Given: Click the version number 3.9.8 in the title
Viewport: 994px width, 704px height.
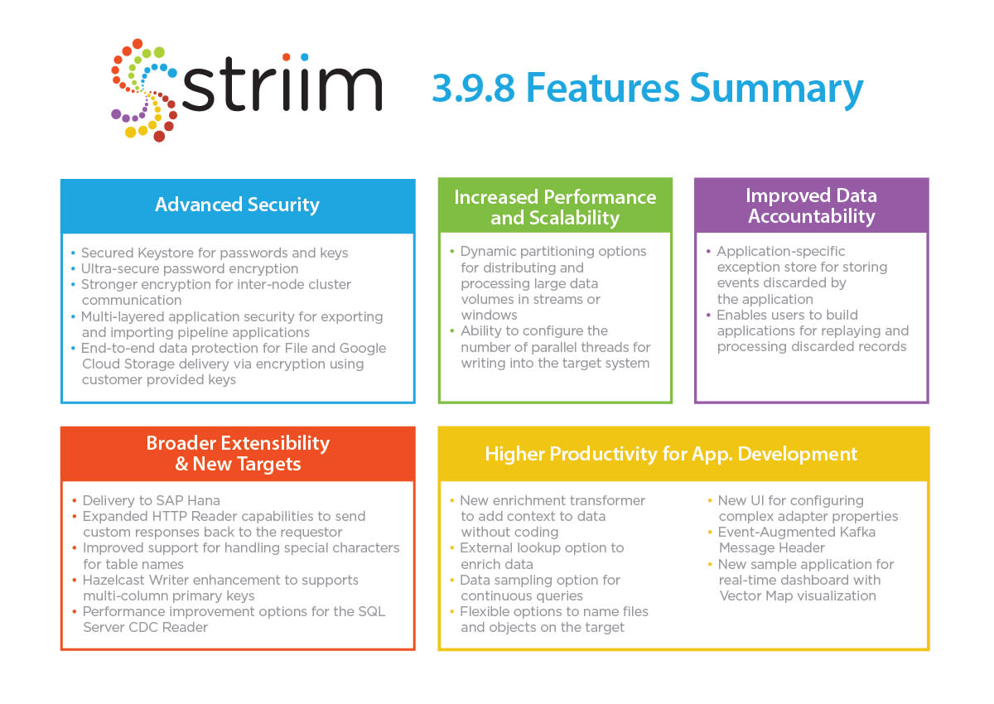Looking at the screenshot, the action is tap(473, 88).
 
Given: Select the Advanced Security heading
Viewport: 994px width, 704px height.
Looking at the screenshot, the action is tap(238, 205).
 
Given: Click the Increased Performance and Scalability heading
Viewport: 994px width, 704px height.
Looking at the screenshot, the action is tap(555, 207).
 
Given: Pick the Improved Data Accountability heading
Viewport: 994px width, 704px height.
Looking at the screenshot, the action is tap(812, 205).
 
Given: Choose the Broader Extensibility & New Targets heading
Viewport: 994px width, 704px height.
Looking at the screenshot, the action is tap(238, 453).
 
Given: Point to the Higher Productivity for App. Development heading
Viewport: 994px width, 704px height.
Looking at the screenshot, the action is tap(671, 454).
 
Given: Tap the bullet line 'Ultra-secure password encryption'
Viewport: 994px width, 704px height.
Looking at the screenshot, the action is tap(190, 268).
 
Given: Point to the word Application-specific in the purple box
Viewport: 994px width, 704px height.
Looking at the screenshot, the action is tap(781, 252).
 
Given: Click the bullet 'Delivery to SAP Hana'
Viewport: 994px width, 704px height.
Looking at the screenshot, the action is tap(151, 500).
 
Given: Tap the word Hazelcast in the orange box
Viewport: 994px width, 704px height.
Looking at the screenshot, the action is tap(113, 580).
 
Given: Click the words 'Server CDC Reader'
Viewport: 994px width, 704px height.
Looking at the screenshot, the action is tap(146, 627).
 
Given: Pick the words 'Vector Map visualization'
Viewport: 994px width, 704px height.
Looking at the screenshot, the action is tap(798, 596).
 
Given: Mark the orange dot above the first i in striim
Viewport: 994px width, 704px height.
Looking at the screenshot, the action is tap(287, 57).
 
